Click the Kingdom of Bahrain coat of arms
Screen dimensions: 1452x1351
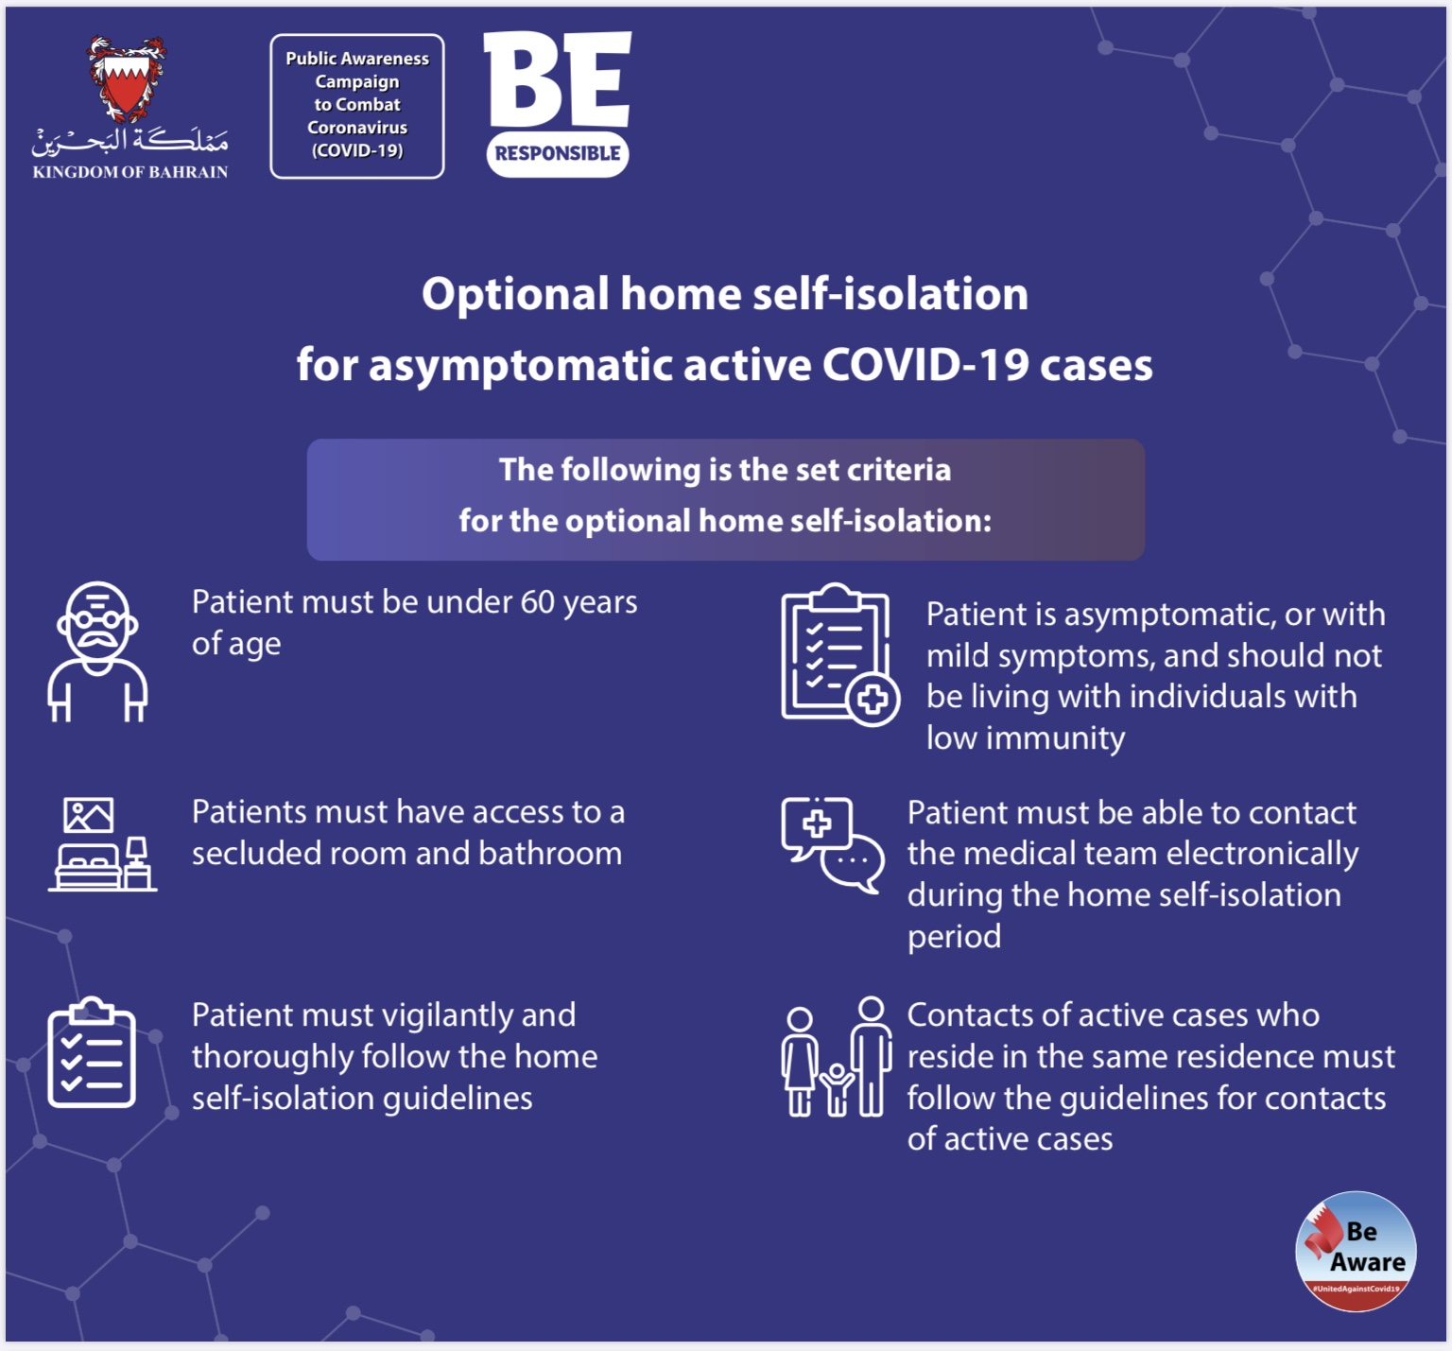(127, 79)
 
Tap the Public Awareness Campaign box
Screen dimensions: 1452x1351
(357, 106)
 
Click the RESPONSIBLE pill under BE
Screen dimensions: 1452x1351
(558, 154)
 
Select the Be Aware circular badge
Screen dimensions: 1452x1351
(1356, 1251)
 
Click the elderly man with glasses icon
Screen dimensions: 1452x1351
(97, 651)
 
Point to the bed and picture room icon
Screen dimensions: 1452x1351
(102, 843)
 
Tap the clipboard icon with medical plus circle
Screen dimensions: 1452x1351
(839, 654)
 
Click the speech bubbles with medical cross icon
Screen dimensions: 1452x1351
(833, 844)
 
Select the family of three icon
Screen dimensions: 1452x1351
(837, 1056)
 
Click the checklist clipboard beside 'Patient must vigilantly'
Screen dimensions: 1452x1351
(92, 1051)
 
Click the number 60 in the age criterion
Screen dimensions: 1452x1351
(537, 602)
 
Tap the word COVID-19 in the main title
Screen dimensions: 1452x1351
(925, 365)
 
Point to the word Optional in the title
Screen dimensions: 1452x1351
(515, 295)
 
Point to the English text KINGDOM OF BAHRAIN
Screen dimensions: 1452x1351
(130, 172)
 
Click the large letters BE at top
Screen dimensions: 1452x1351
(557, 79)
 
